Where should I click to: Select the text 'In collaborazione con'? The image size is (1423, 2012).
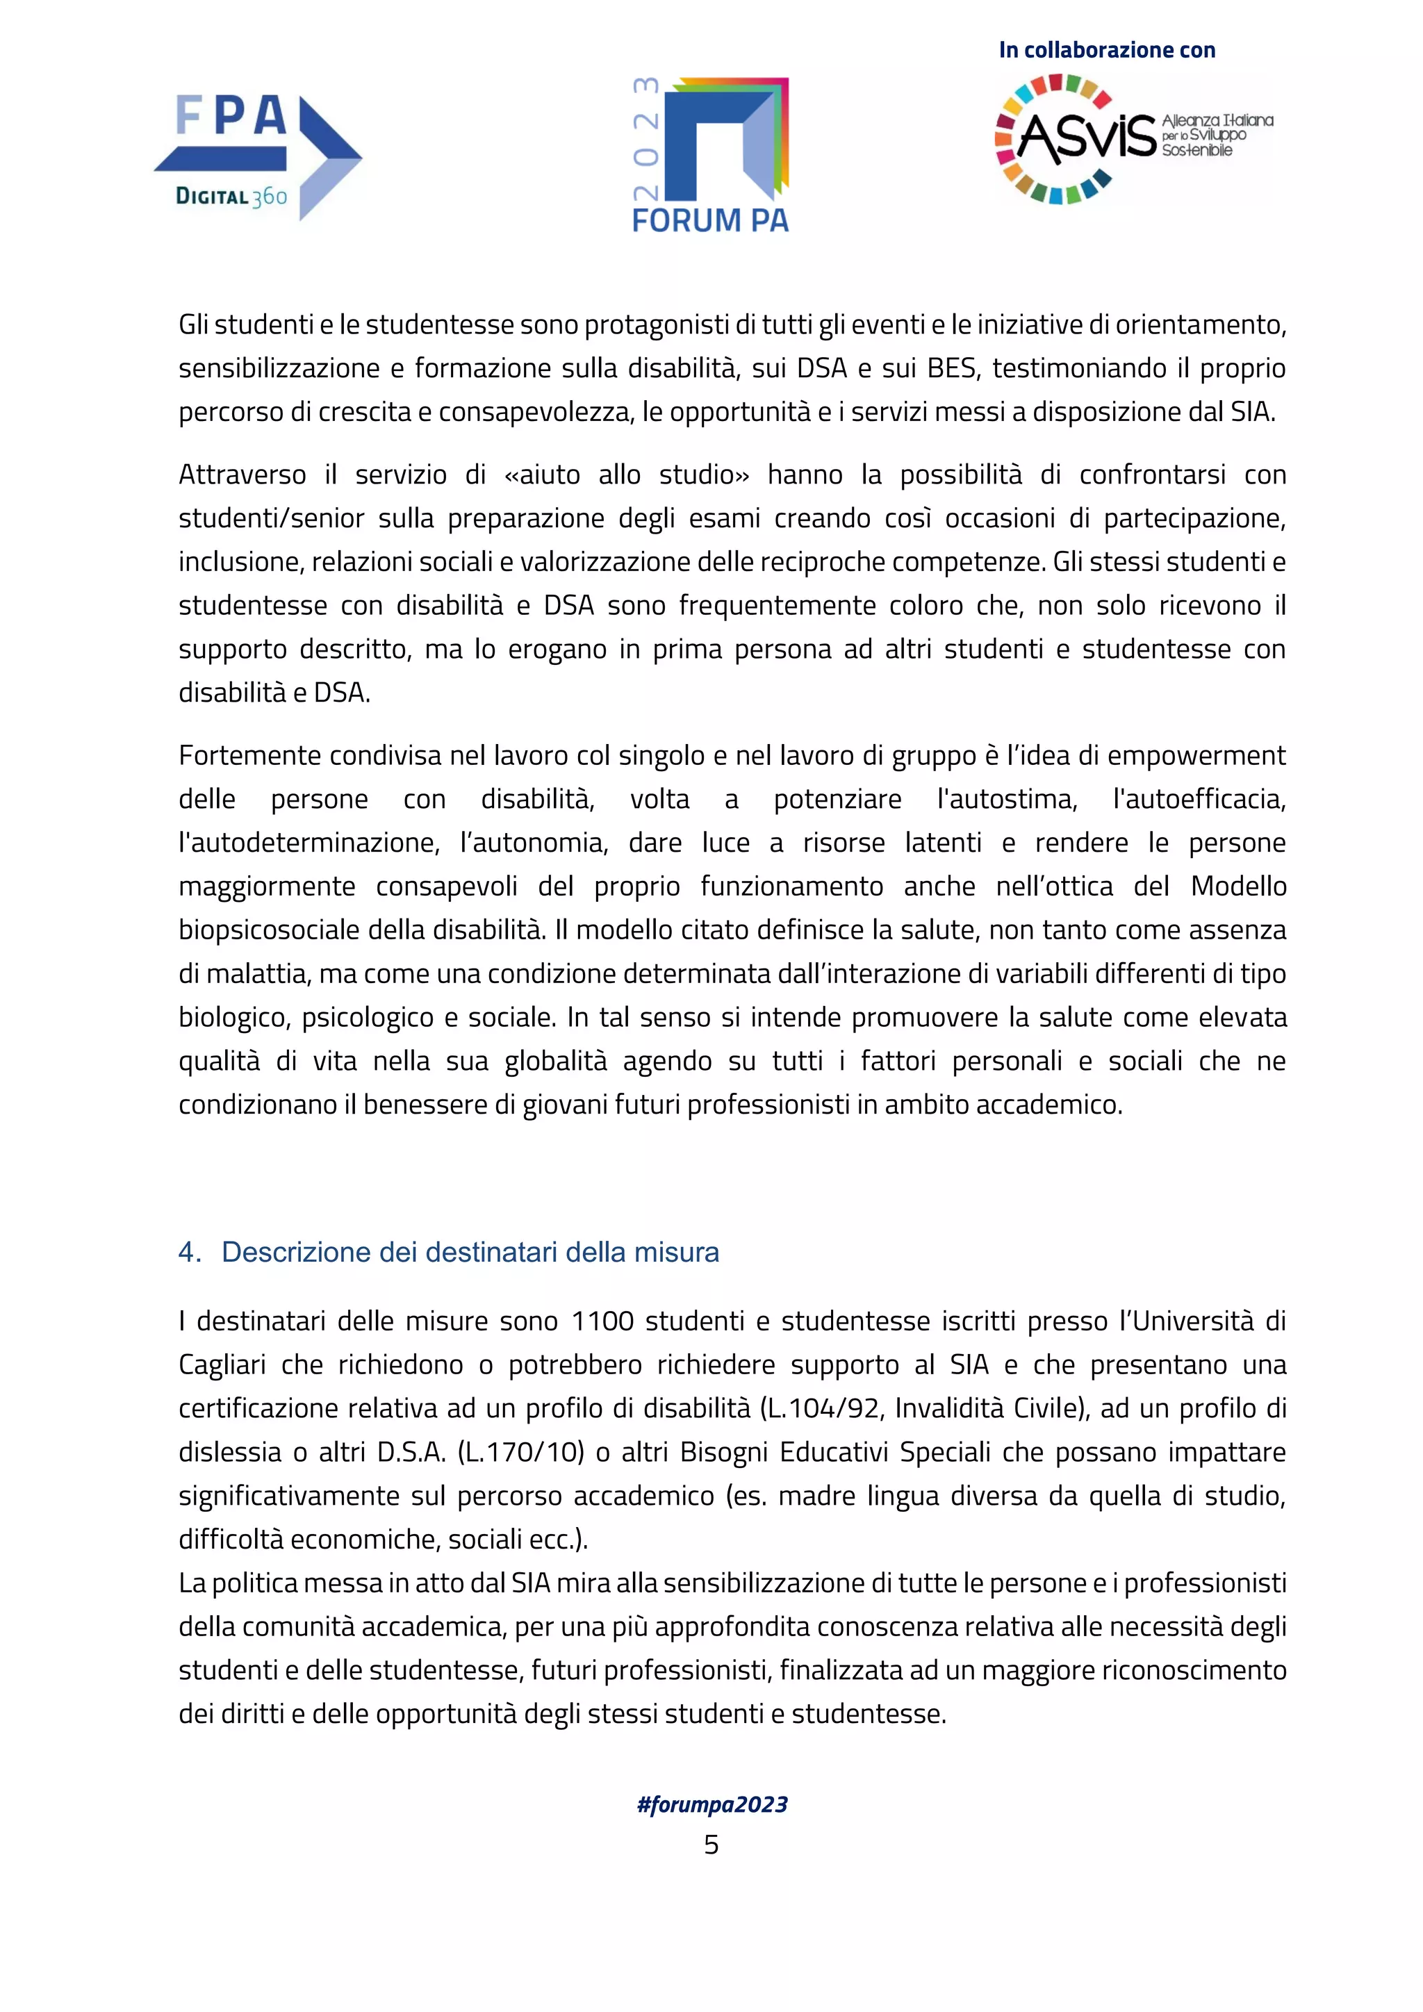click(1107, 50)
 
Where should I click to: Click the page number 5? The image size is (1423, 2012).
click(711, 1845)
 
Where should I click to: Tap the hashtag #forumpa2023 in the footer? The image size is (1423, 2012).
click(711, 1804)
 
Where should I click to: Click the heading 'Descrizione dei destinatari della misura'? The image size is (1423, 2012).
click(470, 1252)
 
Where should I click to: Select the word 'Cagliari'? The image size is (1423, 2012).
click(220, 1364)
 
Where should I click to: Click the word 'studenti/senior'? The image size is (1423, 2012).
click(271, 519)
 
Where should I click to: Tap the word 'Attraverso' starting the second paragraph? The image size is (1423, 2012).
click(242, 475)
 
